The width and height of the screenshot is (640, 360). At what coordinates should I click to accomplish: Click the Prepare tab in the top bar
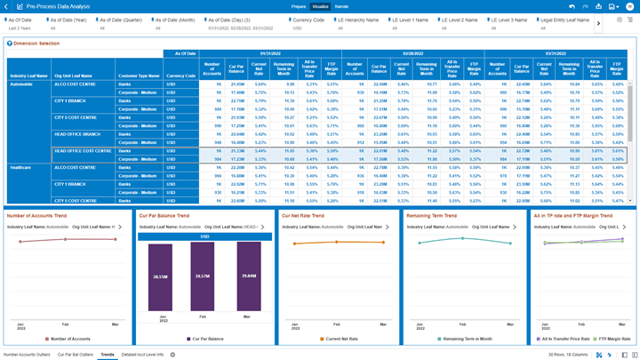299,6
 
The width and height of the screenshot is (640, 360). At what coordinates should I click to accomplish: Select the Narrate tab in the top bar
341,6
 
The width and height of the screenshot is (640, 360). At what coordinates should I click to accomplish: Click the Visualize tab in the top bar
320,6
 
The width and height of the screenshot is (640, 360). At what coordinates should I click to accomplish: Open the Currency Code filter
308,20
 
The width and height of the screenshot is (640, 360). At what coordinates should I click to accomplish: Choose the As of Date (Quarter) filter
119,20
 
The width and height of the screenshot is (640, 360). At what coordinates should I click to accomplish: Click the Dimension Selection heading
36,43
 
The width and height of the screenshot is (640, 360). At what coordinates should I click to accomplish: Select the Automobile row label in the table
22,84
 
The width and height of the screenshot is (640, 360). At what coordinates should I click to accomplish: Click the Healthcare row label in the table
20,167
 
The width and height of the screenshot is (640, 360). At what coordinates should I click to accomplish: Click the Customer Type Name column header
140,76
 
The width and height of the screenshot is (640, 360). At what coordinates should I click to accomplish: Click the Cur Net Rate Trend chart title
302,215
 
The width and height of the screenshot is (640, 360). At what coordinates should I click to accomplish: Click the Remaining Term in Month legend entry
467,339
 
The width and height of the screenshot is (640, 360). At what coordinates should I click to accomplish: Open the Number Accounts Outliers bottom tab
27,355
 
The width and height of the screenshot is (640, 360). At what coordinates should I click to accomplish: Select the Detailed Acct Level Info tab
142,355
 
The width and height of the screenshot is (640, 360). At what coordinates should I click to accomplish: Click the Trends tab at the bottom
107,355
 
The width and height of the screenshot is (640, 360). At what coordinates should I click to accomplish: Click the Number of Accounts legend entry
69,339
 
